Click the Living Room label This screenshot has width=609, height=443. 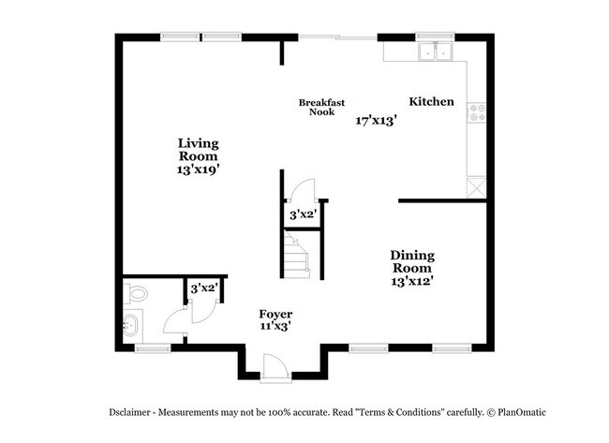coord(199,150)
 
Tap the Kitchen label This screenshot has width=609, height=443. coord(431,101)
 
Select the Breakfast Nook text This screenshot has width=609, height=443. coord(317,107)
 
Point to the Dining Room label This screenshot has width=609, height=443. coord(412,260)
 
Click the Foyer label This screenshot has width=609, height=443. coord(275,314)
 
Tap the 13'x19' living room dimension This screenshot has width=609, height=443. coord(199,170)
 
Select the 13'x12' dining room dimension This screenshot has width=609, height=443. coord(412,279)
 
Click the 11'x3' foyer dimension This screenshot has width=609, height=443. coord(275,326)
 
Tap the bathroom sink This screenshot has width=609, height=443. coord(130,327)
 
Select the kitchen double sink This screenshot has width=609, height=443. coord(435,52)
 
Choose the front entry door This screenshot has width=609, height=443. coord(275,366)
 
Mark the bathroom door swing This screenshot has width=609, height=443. coord(176,324)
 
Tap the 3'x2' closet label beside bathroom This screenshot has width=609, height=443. coord(203,288)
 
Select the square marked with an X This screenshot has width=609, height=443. coord(478,186)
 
